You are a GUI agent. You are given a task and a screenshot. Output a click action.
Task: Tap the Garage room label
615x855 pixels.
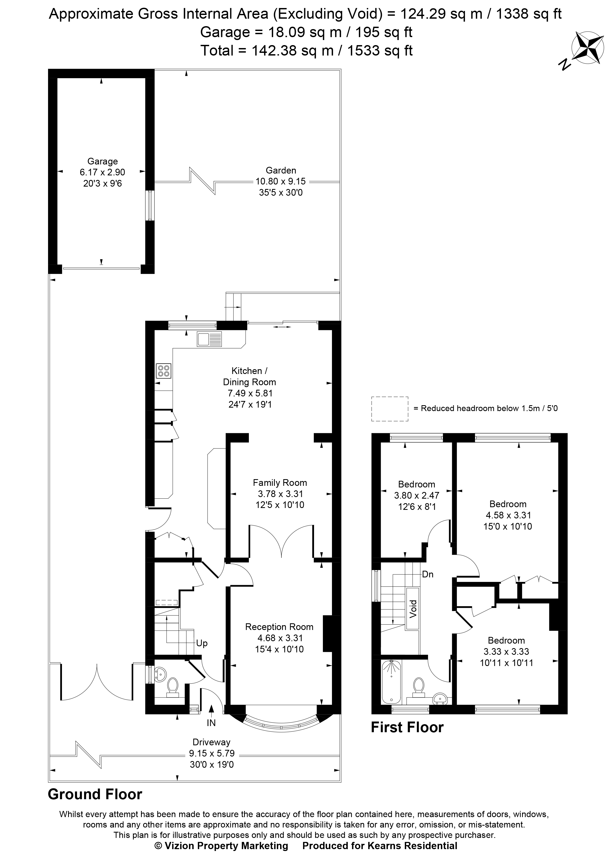[103, 161]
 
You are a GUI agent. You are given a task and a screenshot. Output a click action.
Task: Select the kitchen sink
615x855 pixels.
[209, 339]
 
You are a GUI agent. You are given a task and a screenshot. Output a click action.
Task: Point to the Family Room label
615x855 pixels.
[280, 483]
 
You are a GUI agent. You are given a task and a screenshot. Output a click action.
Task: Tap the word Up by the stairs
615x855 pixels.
[202, 643]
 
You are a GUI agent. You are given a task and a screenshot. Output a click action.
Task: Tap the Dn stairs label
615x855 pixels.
[428, 574]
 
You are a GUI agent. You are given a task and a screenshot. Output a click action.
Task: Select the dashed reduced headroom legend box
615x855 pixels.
[390, 409]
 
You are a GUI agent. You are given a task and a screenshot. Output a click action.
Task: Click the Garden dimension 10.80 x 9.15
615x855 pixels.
[281, 181]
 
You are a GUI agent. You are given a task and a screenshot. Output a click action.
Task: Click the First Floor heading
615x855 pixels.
[407, 727]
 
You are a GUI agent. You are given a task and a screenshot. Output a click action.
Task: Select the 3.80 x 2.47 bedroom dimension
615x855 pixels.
[416, 495]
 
